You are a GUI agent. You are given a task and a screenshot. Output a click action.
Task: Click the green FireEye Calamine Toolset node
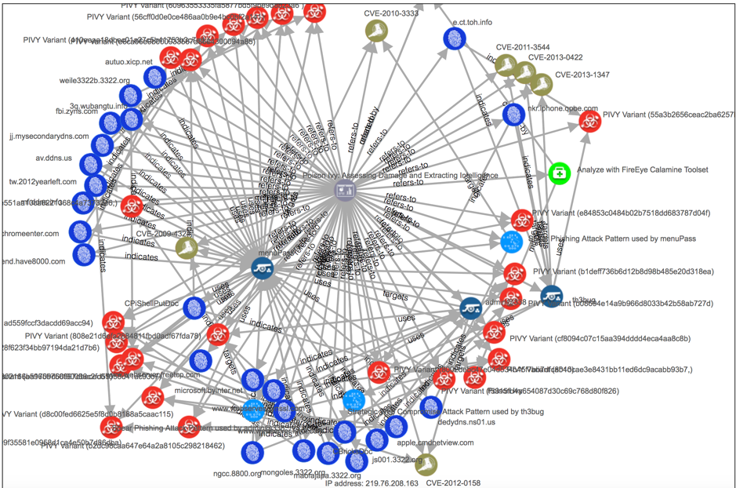(x=559, y=171)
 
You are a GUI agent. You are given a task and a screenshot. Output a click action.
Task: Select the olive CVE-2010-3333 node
(x=375, y=31)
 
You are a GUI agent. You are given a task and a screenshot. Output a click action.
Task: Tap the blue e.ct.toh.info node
(x=455, y=37)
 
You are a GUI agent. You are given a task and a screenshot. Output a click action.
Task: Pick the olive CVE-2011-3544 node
(x=506, y=65)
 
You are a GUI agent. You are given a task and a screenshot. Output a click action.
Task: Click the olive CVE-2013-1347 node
(x=540, y=83)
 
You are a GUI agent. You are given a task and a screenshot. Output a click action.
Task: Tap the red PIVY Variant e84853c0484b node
(x=521, y=220)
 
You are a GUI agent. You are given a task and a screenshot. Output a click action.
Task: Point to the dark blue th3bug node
(x=552, y=297)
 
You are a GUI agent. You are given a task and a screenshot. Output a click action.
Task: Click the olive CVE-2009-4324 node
(x=187, y=248)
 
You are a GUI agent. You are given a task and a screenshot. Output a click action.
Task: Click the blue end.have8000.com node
(x=84, y=255)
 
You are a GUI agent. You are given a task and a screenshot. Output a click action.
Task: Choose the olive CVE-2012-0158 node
(x=426, y=464)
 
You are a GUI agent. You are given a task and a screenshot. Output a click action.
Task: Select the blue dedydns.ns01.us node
(x=431, y=406)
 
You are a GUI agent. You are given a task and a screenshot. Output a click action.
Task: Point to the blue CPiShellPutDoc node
(x=194, y=308)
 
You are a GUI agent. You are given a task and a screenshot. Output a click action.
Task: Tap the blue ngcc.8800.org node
(x=252, y=453)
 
